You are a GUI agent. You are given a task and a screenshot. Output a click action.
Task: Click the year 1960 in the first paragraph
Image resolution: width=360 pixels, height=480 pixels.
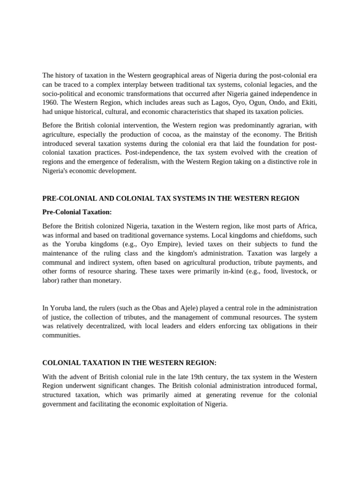50,103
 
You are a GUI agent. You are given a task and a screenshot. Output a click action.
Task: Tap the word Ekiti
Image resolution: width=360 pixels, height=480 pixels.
308,103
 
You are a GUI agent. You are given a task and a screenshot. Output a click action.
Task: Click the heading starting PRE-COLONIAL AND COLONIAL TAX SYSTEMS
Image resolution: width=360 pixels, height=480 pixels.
171,198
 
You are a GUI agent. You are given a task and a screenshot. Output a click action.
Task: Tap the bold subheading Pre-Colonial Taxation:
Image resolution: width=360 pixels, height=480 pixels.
77,212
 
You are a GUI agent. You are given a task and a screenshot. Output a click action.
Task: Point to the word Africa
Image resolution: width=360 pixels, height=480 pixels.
306,226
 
